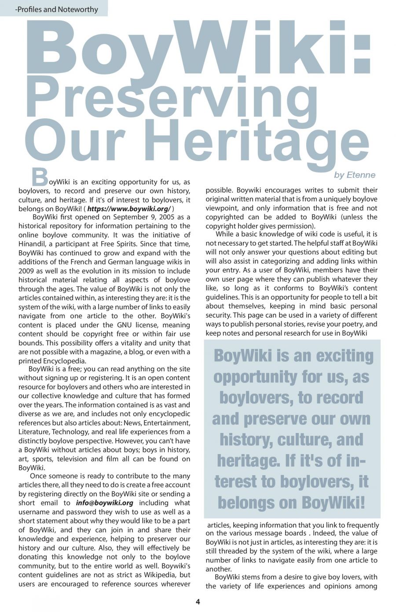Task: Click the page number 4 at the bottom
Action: point(198,601)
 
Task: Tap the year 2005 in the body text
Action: point(166,217)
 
